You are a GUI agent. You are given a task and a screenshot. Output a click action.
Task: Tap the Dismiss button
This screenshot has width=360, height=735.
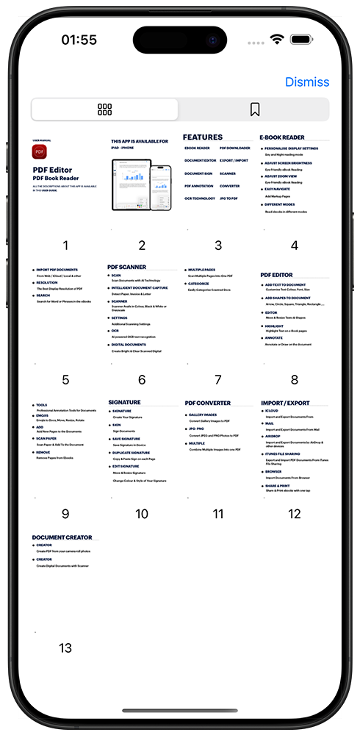point(307,82)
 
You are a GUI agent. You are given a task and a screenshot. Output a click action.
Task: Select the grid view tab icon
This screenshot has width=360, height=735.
point(104,110)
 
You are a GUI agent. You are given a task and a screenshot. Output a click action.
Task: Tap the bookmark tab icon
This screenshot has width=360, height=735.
point(254,110)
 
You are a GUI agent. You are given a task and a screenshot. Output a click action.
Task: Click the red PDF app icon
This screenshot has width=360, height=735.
point(40,151)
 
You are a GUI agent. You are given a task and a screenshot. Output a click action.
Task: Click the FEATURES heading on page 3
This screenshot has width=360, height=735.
point(203,137)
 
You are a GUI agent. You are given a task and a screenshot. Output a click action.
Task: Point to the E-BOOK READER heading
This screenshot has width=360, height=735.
point(282,137)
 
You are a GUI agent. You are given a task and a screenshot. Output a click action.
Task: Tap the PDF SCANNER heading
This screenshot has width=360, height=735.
point(127,267)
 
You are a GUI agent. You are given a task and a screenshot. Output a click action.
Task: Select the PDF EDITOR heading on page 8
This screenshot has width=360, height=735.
point(277,275)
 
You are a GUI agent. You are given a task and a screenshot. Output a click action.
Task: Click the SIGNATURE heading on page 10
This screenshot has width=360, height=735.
point(124,402)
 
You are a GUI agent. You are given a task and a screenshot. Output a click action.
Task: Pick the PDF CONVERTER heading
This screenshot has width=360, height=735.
point(208,403)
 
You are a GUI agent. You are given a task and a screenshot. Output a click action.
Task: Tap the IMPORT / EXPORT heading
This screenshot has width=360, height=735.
point(286,403)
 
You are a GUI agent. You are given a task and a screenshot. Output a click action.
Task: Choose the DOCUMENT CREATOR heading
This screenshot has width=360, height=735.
point(62,537)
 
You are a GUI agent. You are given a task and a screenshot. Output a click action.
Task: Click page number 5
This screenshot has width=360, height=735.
point(65,380)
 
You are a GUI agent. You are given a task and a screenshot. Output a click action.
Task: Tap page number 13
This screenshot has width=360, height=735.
point(65,648)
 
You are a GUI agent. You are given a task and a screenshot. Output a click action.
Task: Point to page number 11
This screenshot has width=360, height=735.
point(217,514)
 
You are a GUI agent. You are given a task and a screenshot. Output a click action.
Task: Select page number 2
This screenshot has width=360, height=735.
point(142,245)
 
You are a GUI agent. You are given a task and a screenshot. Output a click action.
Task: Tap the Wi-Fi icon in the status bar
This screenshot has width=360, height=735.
point(277,39)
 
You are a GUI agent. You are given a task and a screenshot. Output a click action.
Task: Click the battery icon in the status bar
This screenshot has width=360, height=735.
point(301,39)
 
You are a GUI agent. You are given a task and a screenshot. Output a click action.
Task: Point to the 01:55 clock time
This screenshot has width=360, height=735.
point(79,40)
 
